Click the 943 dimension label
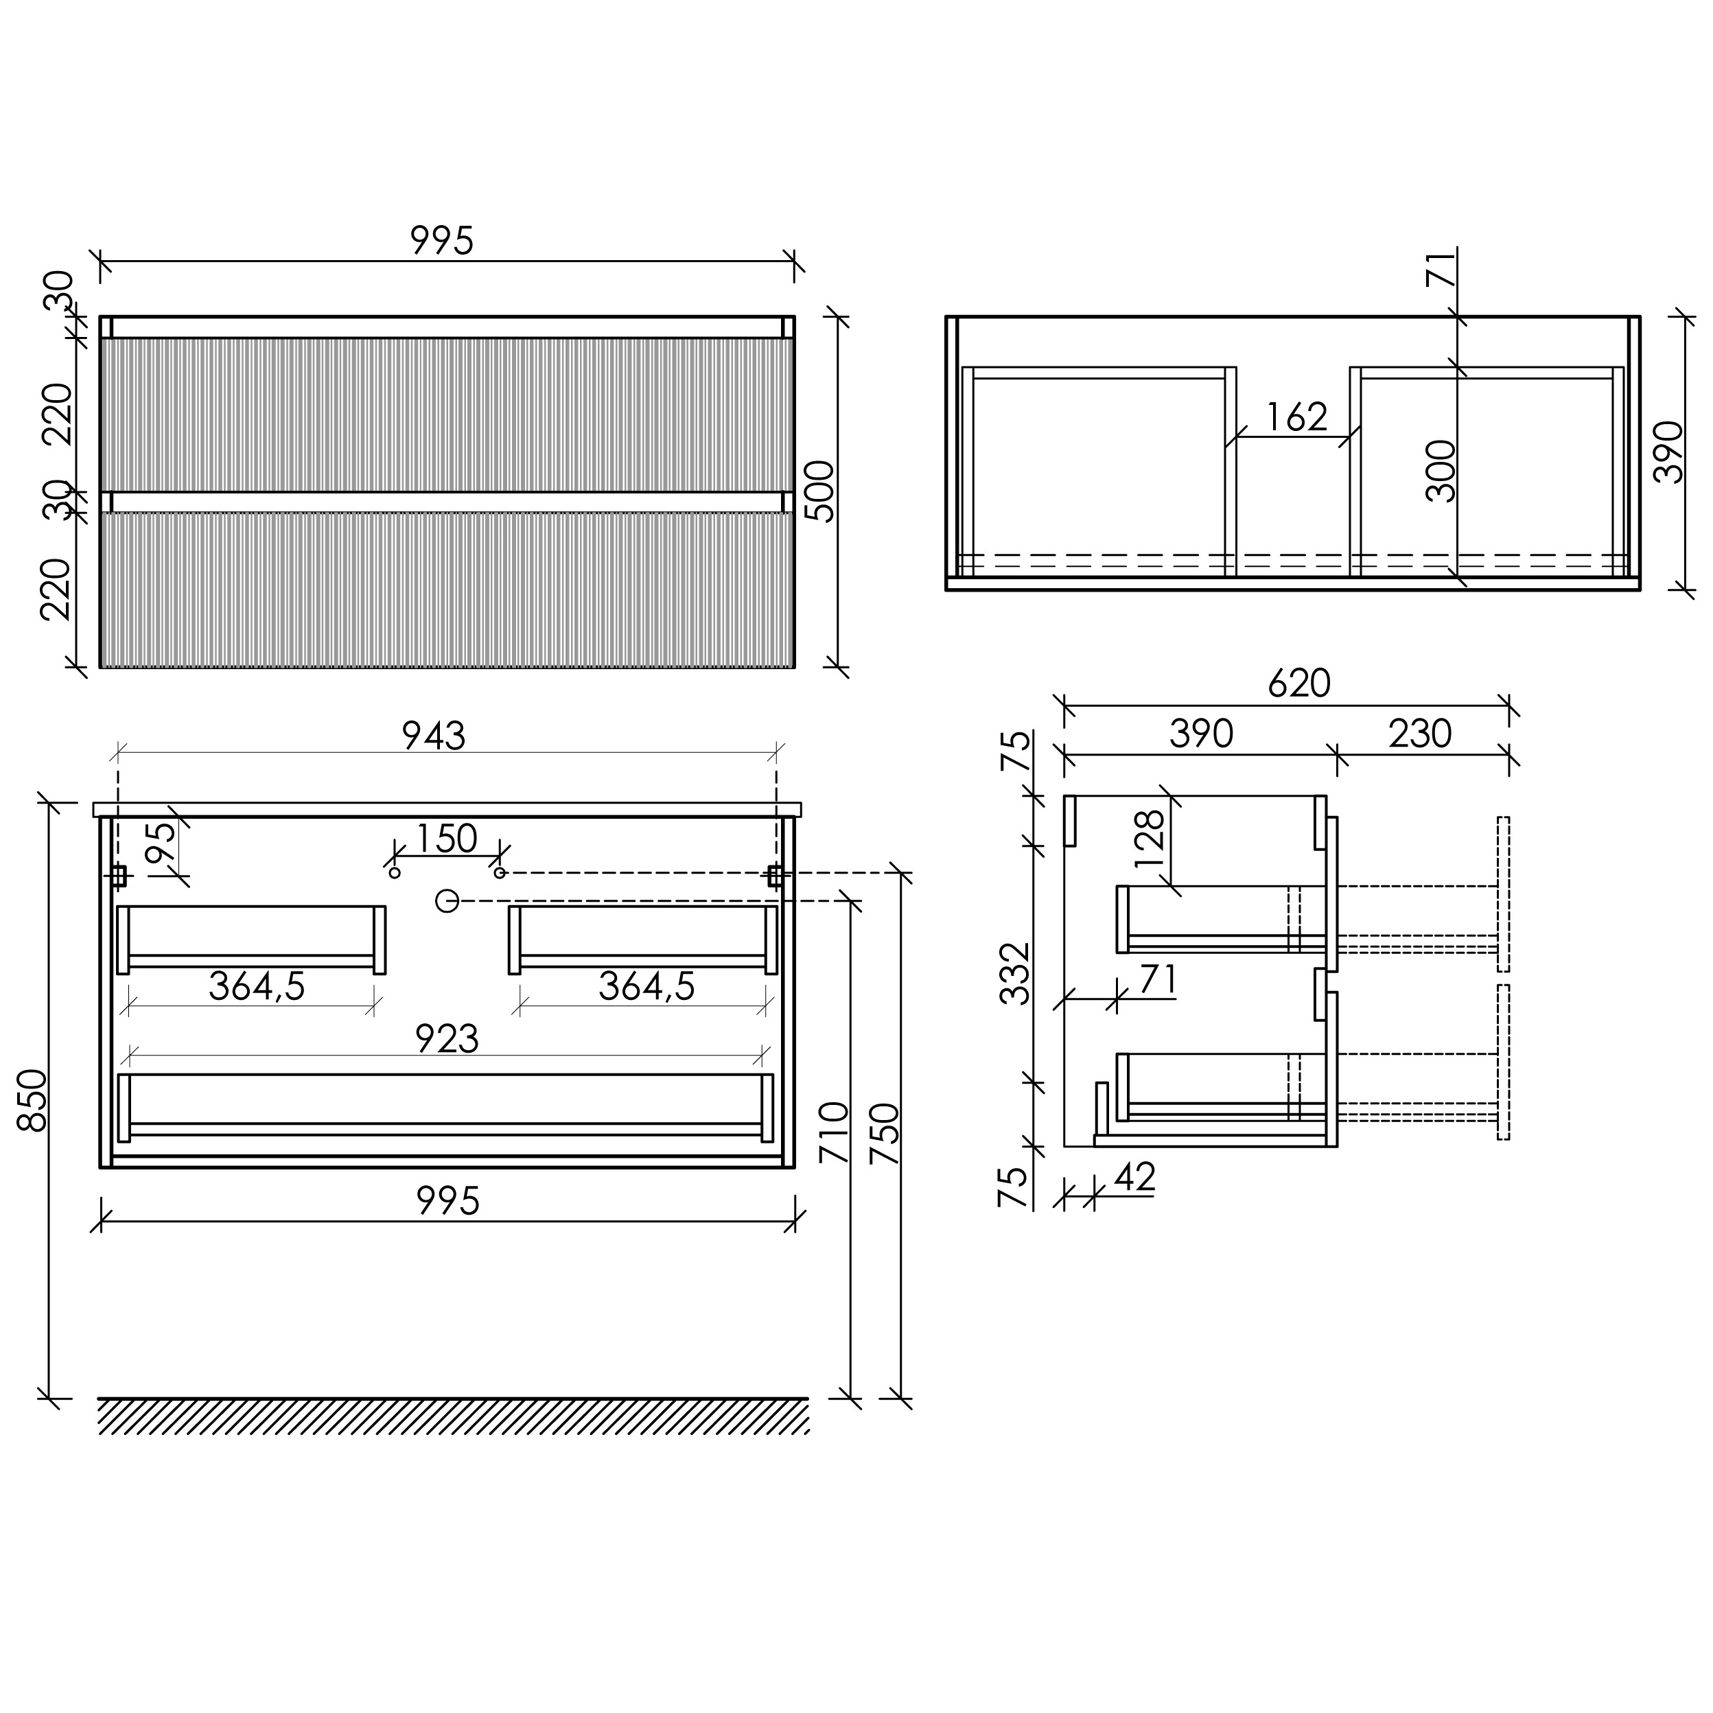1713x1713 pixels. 434,736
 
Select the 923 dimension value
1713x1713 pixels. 447,1039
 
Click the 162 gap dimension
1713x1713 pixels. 1296,417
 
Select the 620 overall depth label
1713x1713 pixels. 1299,683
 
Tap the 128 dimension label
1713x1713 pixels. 1149,838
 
